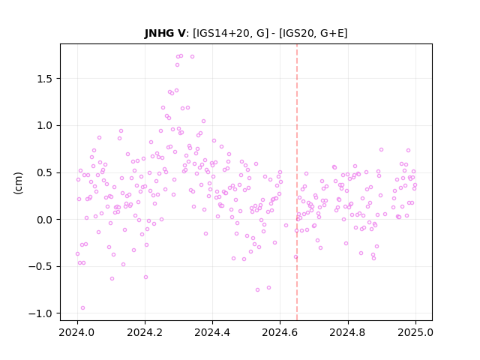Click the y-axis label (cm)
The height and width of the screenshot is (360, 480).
(18, 183)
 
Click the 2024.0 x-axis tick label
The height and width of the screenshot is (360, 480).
(77, 332)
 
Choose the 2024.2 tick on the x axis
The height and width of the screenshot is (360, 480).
(145, 332)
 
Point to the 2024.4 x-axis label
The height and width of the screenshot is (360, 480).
(212, 332)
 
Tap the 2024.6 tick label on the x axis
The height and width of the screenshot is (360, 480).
(280, 332)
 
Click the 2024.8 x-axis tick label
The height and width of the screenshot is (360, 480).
(348, 332)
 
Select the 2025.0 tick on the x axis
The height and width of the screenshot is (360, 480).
(415, 332)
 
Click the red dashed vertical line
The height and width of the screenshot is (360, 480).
(297, 182)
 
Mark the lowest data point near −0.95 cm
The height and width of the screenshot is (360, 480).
(82, 308)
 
